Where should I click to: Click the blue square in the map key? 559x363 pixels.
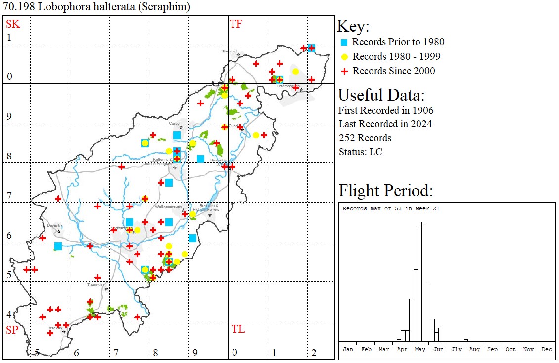(x=344, y=42)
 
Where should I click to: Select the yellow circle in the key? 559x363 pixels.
(x=344, y=56)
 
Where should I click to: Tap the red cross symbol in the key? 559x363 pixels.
(x=344, y=71)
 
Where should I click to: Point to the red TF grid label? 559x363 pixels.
(x=236, y=24)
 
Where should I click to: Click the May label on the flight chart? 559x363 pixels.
(x=420, y=349)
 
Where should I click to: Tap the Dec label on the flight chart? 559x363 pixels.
(x=546, y=349)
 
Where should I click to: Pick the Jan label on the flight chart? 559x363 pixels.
(x=348, y=349)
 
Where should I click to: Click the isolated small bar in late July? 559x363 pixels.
(x=466, y=340)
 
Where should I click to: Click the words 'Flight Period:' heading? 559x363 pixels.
(x=385, y=191)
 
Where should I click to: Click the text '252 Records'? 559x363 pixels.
(x=365, y=138)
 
